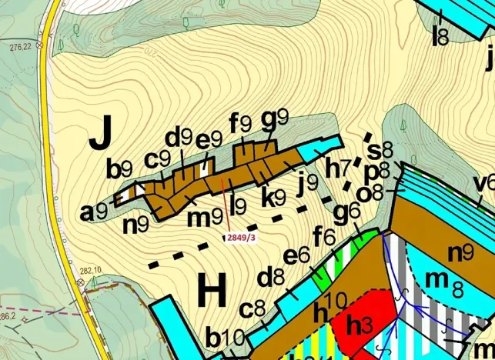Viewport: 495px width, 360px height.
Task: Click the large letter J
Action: (102, 135)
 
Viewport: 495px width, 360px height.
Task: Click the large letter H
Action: (211, 293)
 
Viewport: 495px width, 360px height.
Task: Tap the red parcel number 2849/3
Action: (240, 238)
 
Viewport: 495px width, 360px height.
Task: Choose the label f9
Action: (240, 122)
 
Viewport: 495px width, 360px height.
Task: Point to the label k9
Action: (273, 197)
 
